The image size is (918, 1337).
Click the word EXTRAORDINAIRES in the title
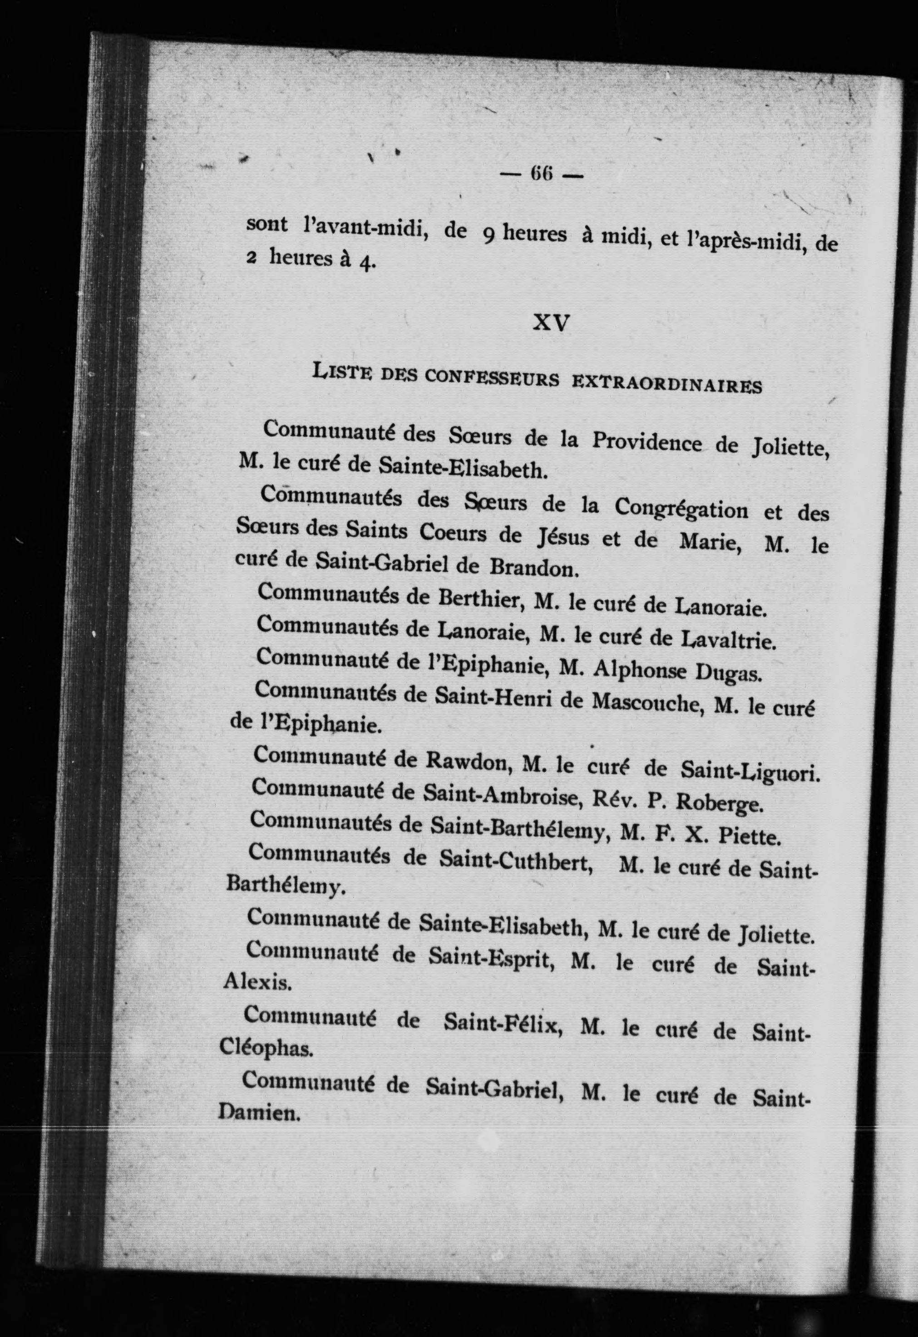[667, 384]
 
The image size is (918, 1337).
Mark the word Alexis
[257, 982]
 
